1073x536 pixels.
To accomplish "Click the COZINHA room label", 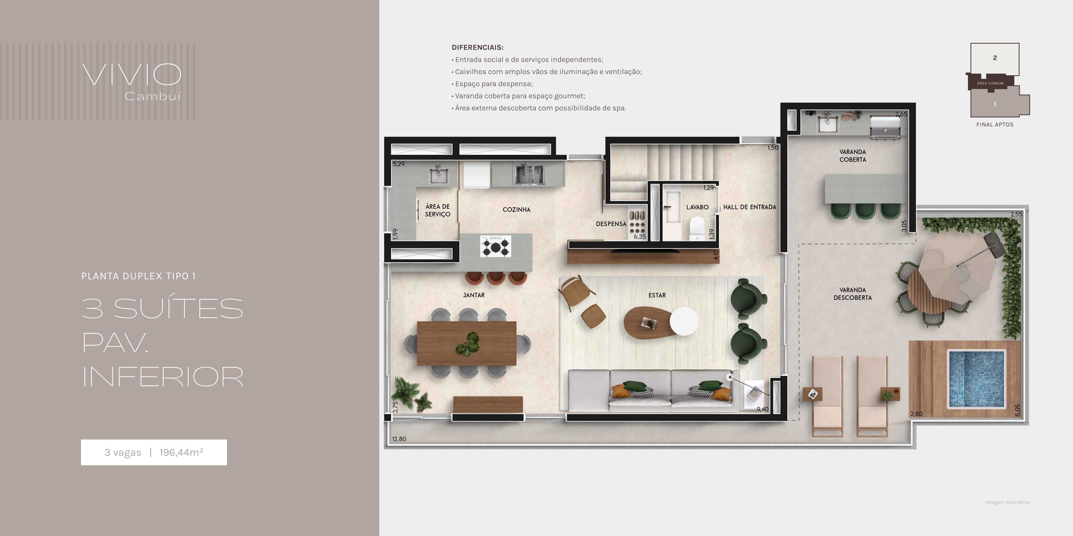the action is (517, 210).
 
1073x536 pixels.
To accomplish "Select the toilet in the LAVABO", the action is (696, 228).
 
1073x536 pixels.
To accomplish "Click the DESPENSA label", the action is (611, 224).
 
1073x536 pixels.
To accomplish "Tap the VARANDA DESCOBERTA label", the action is (853, 294).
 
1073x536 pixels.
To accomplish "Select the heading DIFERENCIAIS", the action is (478, 47).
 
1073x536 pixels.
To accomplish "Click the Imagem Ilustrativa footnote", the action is (1007, 502).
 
